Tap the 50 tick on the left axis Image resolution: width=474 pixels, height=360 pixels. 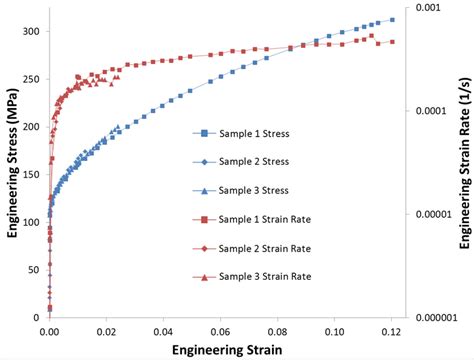[35, 270]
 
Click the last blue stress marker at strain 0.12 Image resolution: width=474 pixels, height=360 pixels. [391, 20]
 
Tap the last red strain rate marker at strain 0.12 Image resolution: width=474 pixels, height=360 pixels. [391, 42]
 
